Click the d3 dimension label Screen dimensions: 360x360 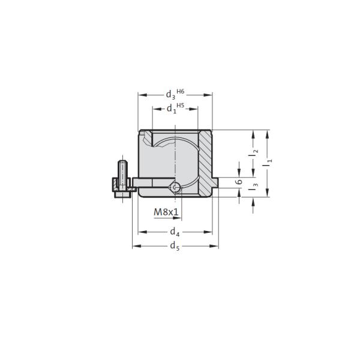click(170, 95)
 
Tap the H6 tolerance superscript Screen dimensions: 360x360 click(181, 91)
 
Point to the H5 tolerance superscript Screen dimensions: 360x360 click(181, 106)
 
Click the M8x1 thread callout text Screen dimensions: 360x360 click(166, 212)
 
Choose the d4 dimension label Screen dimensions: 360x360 click(175, 232)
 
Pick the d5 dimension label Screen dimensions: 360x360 click(175, 246)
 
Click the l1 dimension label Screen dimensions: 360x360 click(268, 163)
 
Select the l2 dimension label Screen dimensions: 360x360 click(253, 154)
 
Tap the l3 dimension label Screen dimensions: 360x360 click(253, 186)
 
